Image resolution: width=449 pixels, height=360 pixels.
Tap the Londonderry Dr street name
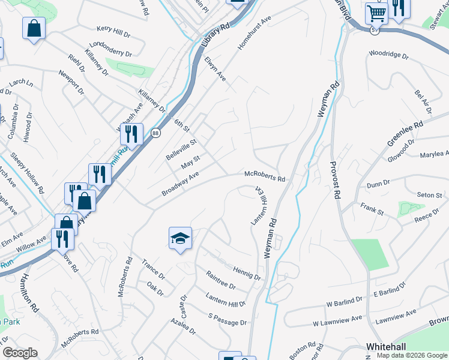pyautogui.click(x=110, y=49)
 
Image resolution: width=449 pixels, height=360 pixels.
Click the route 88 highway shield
pyautogui.click(x=155, y=133)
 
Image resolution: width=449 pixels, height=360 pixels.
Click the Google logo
pyautogui.click(x=20, y=353)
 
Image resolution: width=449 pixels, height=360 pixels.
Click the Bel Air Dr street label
pyautogui.click(x=423, y=102)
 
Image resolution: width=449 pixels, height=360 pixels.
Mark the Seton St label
pyautogui.click(x=429, y=195)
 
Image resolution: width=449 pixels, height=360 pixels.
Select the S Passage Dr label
pyautogui.click(x=228, y=319)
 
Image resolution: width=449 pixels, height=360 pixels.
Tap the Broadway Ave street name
pyautogui.click(x=180, y=184)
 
